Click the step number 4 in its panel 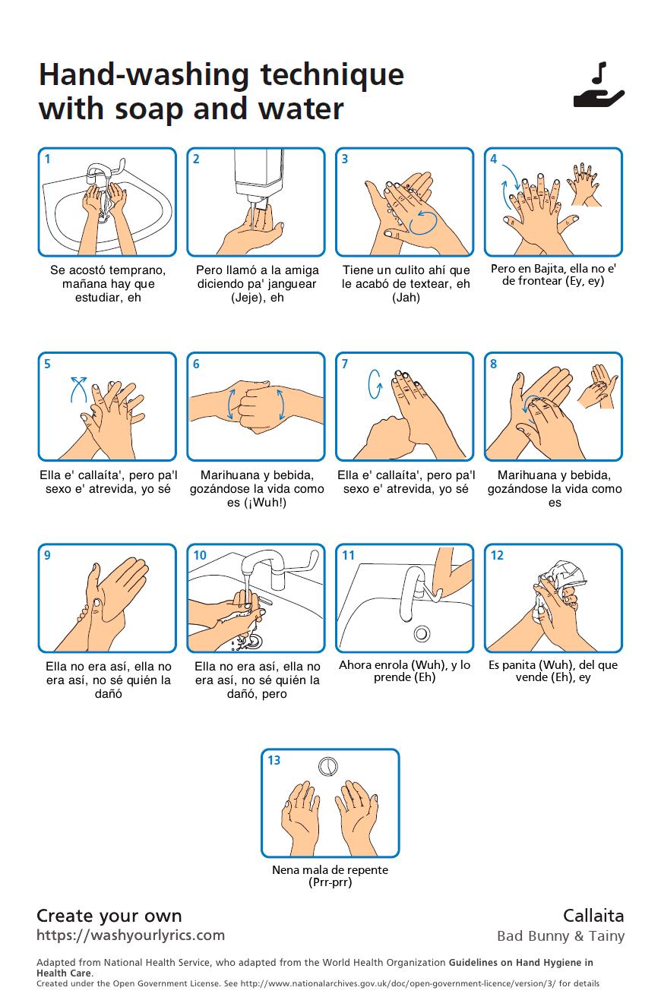pyautogui.click(x=494, y=159)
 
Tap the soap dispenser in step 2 pyautogui.click(x=258, y=176)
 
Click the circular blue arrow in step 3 pyautogui.click(x=422, y=222)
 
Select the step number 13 pyautogui.click(x=274, y=760)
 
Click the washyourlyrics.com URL pyautogui.click(x=131, y=935)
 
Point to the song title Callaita pyautogui.click(x=593, y=915)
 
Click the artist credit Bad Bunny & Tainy pyautogui.click(x=561, y=935)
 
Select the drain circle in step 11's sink pyautogui.click(x=422, y=632)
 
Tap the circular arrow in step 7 pyautogui.click(x=375, y=383)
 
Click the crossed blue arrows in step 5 pyautogui.click(x=78, y=387)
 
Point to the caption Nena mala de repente pyautogui.click(x=330, y=869)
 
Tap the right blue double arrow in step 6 pyautogui.click(x=282, y=403)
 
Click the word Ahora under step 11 pyautogui.click(x=354, y=665)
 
